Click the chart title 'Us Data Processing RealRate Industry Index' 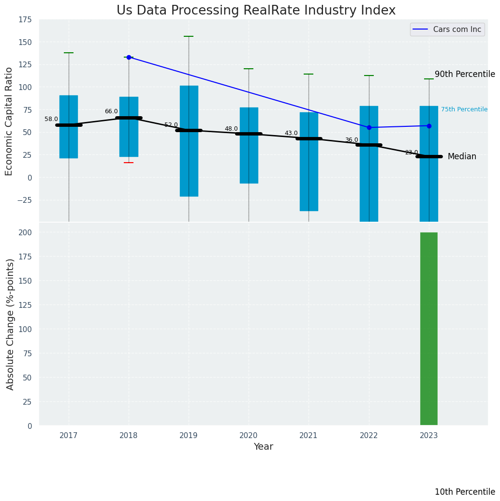(256, 11)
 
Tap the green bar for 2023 (428, 329)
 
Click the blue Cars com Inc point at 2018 (129, 57)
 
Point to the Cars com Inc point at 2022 (369, 127)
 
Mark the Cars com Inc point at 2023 (429, 126)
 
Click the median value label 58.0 (51, 119)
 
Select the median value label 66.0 (111, 111)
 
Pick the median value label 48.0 (231, 129)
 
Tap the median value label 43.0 (291, 133)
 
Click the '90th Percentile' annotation (464, 74)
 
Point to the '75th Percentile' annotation (464, 109)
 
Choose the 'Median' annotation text (461, 156)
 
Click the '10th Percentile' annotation (464, 492)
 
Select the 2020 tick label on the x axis (249, 436)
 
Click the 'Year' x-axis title (263, 447)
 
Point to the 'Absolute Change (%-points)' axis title (10, 324)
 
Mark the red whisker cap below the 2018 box (129, 163)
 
